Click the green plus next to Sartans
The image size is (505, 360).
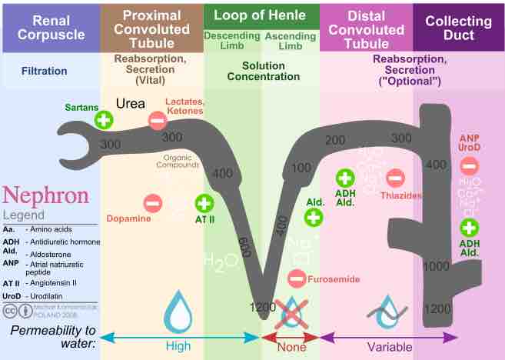103,119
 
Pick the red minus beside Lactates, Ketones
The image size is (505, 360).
157,120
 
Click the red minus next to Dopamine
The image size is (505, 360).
152,203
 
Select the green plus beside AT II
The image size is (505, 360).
204,203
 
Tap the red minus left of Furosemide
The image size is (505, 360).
297,278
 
